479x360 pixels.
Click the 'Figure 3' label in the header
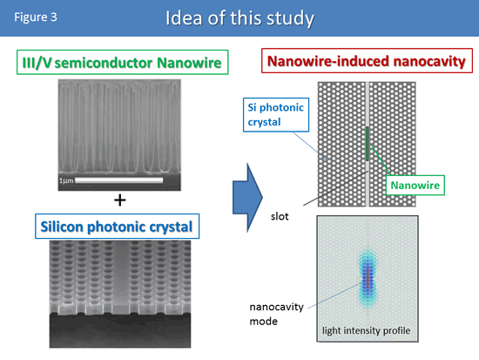[36, 17]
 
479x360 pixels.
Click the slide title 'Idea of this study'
[239, 18]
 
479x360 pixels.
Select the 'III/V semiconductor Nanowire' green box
[123, 62]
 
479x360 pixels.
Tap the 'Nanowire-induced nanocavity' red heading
[367, 60]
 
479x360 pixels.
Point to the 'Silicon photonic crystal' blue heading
[117, 227]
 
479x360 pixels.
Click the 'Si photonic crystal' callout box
[276, 115]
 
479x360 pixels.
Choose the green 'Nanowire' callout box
[415, 185]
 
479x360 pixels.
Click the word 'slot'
[280, 216]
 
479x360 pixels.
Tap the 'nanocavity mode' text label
[276, 314]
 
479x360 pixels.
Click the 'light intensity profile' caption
[367, 330]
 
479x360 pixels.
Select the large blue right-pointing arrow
[247, 198]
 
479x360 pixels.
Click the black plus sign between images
[120, 200]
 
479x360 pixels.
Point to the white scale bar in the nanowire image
[118, 180]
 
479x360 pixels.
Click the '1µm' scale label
[66, 180]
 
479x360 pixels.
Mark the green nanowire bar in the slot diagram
[368, 144]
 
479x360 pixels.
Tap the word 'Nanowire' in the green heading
[189, 63]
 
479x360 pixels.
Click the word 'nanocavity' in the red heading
[429, 61]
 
